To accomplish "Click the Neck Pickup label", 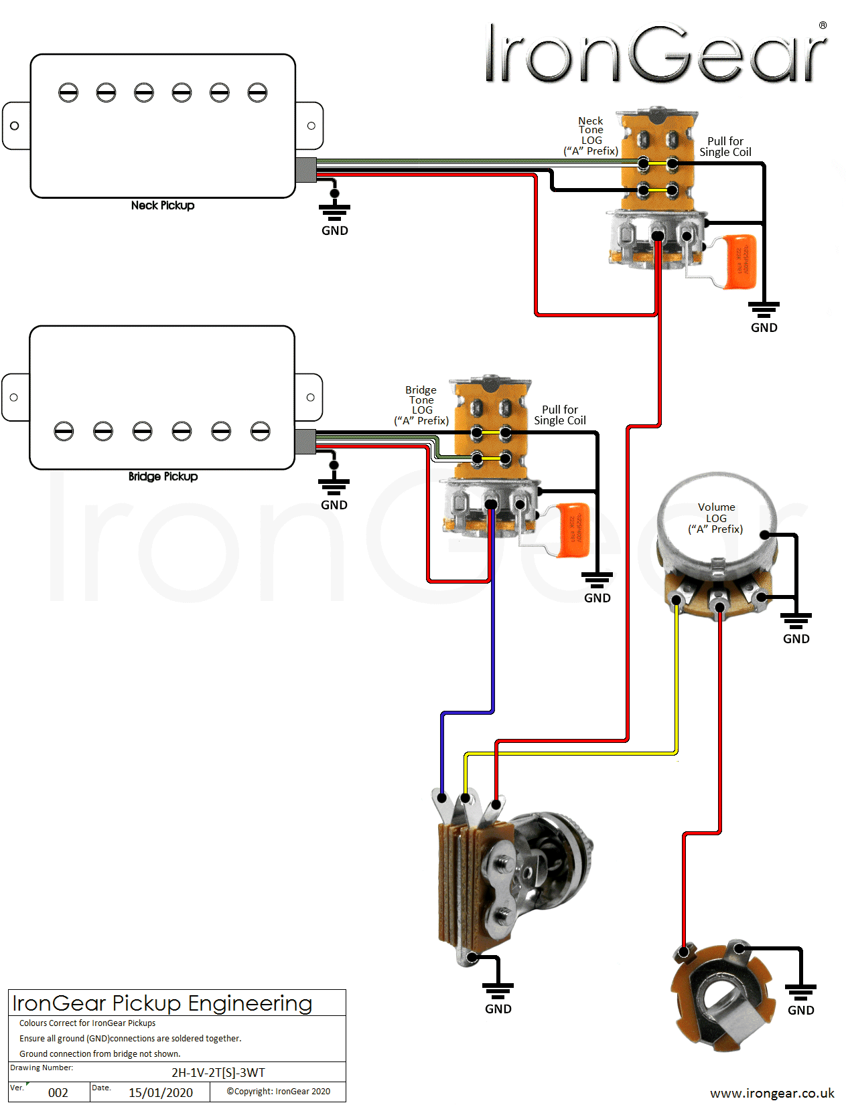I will tap(163, 205).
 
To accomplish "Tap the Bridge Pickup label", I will tap(163, 477).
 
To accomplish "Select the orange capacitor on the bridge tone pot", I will tap(573, 529).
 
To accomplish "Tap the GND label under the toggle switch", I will tap(498, 1009).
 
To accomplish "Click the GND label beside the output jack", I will tap(800, 1010).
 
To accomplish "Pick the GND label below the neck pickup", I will tap(334, 231).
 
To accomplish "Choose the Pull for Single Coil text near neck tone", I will tap(725, 147).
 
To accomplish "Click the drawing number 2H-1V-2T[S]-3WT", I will tap(218, 1073).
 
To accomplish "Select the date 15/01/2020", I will tap(161, 1092).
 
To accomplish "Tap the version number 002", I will tap(58, 1092).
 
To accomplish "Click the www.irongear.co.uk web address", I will tap(772, 1093).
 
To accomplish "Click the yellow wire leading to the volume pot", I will tap(677, 683).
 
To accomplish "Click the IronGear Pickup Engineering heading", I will tap(162, 1003).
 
